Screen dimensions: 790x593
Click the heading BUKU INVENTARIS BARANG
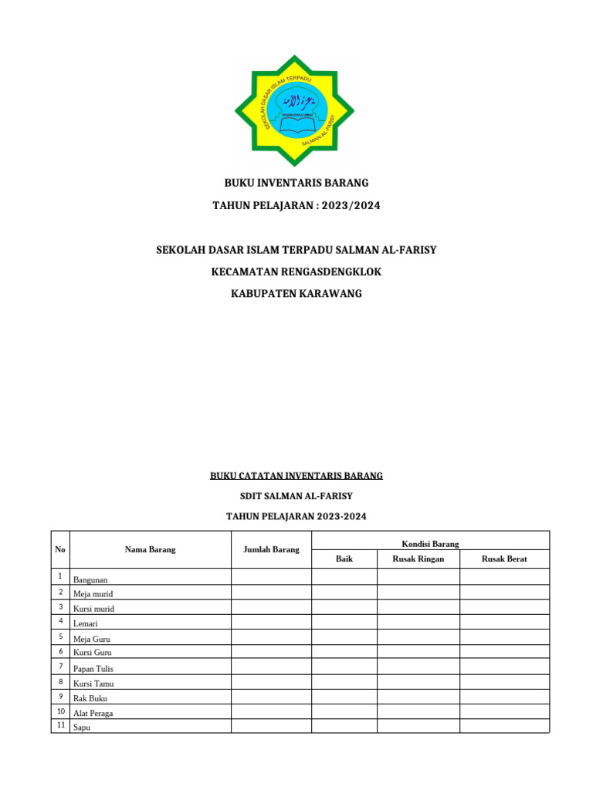296,183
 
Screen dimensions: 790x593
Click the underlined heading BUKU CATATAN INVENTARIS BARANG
296,476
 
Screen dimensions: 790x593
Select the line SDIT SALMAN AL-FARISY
296,496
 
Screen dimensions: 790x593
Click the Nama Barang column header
150,549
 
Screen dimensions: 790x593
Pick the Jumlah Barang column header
271,549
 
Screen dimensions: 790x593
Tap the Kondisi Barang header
430,544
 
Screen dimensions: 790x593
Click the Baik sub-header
344,559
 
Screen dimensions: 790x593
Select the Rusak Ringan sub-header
418,559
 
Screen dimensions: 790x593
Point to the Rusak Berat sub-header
504,559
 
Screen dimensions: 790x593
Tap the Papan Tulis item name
93,669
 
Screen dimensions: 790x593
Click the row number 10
60,711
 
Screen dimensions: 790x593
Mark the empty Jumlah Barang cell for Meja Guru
271,637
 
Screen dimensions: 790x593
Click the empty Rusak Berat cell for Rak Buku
504,697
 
